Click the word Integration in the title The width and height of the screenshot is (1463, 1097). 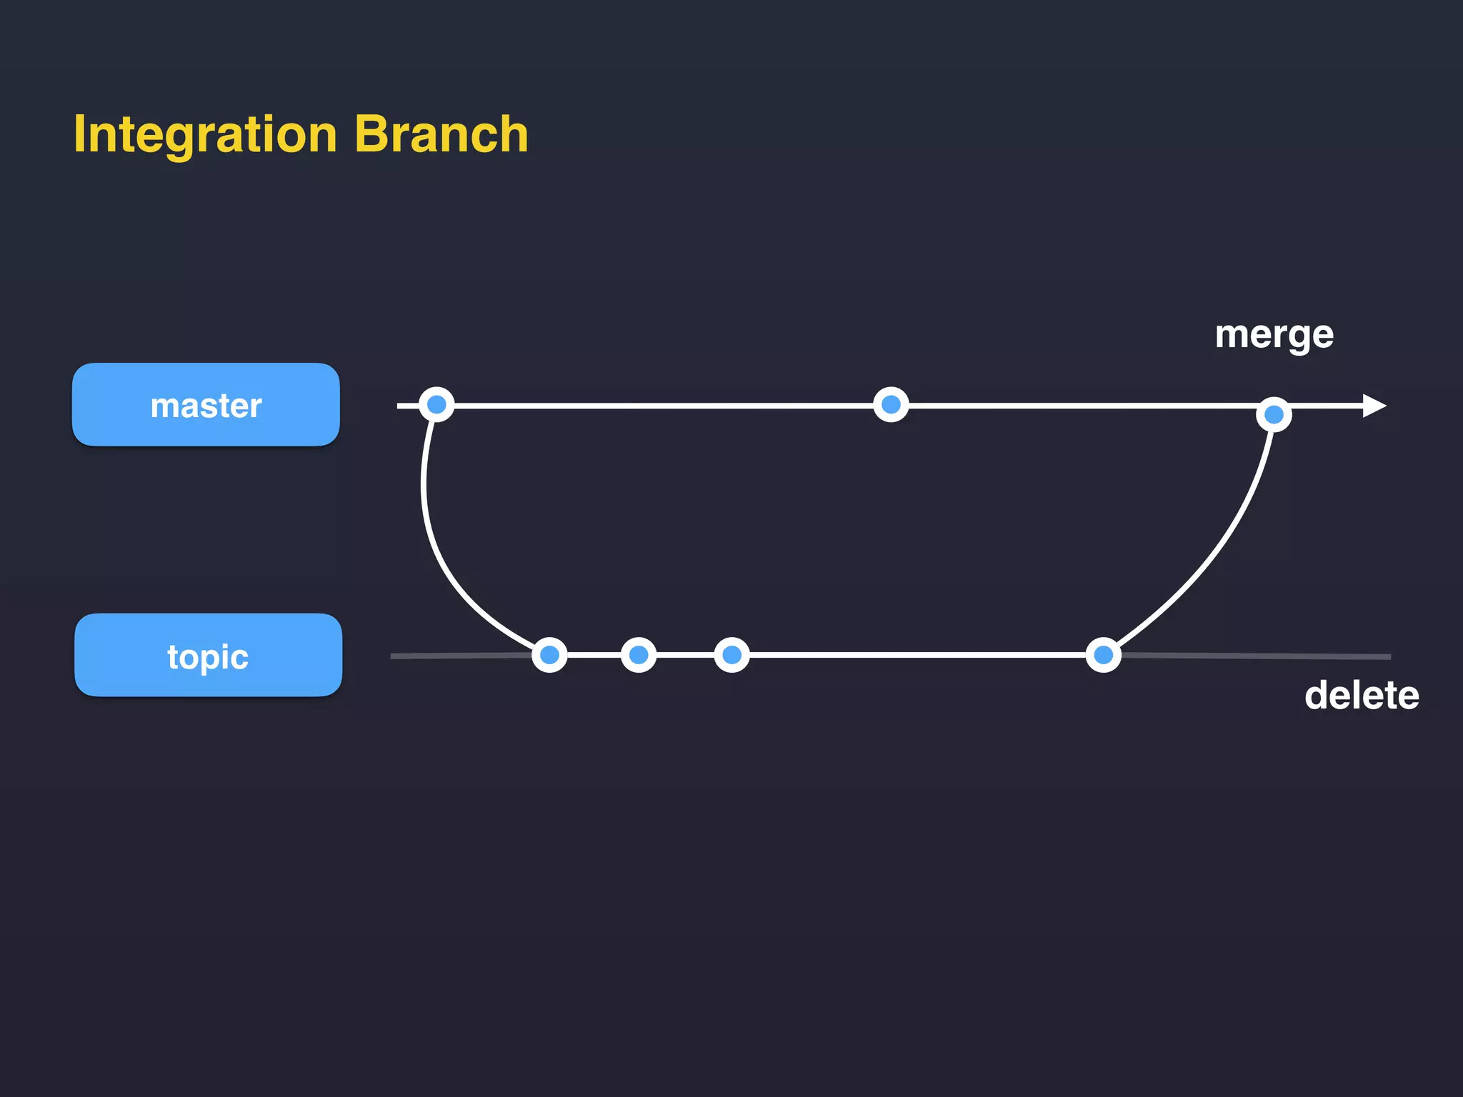(x=205, y=134)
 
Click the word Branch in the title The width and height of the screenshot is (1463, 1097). (x=441, y=134)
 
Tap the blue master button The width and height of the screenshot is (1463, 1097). (x=206, y=405)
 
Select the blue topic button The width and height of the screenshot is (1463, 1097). (x=208, y=655)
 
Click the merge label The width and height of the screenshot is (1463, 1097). (x=1274, y=335)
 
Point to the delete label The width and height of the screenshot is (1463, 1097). (x=1361, y=695)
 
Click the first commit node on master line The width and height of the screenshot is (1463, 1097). (x=436, y=405)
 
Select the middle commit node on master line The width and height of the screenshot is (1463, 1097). (x=891, y=405)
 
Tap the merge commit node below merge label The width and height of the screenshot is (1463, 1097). (x=1274, y=414)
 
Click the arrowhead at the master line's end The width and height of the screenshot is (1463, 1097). (x=1373, y=406)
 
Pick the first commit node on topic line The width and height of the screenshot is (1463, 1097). (x=549, y=655)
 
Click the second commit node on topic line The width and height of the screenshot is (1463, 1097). (x=639, y=655)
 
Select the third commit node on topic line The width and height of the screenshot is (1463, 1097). (x=731, y=655)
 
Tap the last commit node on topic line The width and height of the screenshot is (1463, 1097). (x=1103, y=655)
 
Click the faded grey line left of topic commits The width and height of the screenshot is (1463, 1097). (x=457, y=656)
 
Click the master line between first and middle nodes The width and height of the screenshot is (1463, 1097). (x=664, y=405)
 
